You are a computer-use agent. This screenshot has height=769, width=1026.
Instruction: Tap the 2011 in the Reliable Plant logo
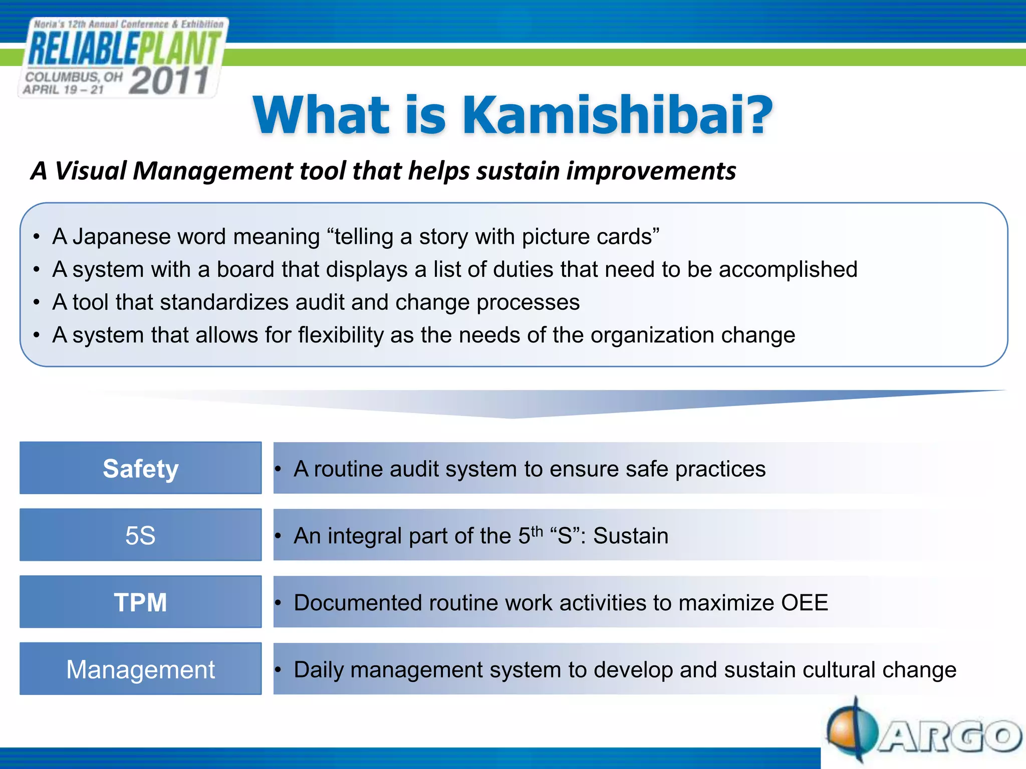coord(169,81)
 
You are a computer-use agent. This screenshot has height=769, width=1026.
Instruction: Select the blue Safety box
coord(140,468)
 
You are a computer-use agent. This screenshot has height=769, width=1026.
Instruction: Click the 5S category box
coord(140,535)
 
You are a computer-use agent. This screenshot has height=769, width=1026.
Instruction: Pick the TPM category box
coord(140,602)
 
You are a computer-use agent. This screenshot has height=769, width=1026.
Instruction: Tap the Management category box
coord(140,669)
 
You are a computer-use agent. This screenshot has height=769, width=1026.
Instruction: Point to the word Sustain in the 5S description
coord(631,536)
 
